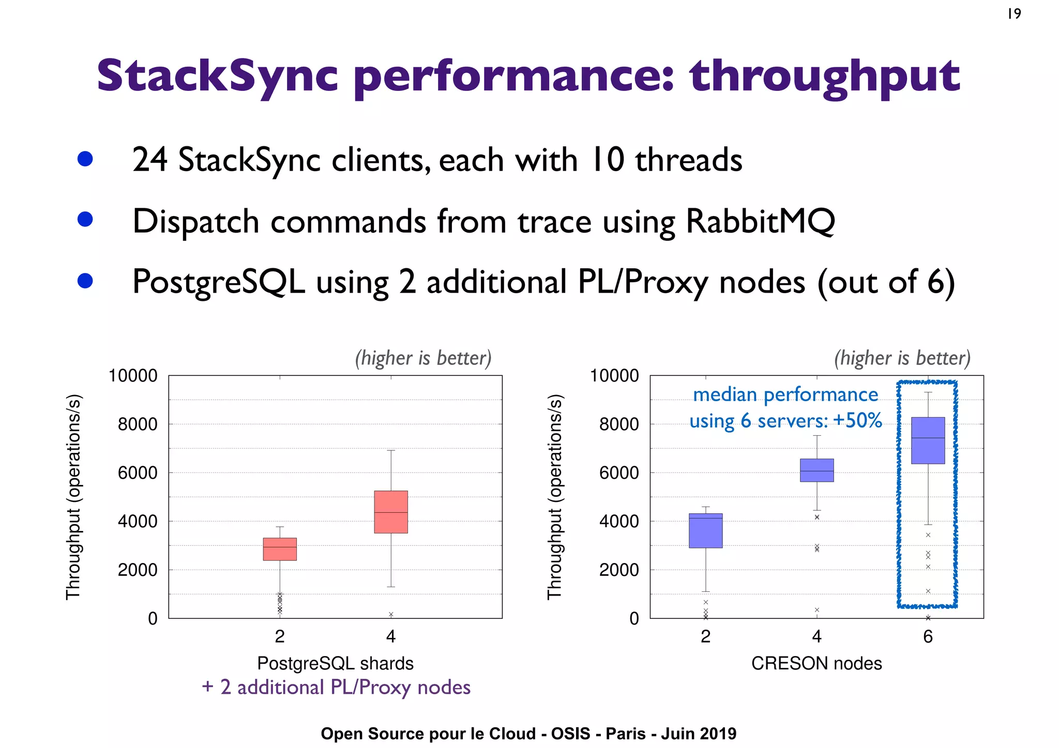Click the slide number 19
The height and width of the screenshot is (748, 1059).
click(1014, 14)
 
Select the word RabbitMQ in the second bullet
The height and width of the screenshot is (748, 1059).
click(760, 222)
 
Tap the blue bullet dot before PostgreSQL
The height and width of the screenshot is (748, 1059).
click(85, 281)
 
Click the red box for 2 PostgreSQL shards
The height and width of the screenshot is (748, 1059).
click(280, 549)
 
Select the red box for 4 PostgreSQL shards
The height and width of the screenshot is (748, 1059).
click(391, 512)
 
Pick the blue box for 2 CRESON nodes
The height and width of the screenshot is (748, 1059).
click(705, 530)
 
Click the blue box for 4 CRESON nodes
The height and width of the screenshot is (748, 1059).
click(816, 470)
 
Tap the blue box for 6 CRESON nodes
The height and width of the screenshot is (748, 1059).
click(928, 440)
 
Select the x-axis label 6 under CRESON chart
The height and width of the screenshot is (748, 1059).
click(928, 636)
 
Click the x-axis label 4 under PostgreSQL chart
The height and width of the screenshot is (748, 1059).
click(391, 636)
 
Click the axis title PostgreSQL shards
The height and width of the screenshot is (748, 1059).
click(335, 663)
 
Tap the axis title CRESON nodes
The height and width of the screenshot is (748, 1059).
click(816, 663)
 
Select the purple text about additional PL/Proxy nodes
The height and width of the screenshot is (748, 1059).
click(336, 688)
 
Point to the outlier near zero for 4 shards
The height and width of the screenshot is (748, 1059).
click(391, 614)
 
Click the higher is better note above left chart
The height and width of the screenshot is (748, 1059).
click(423, 358)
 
